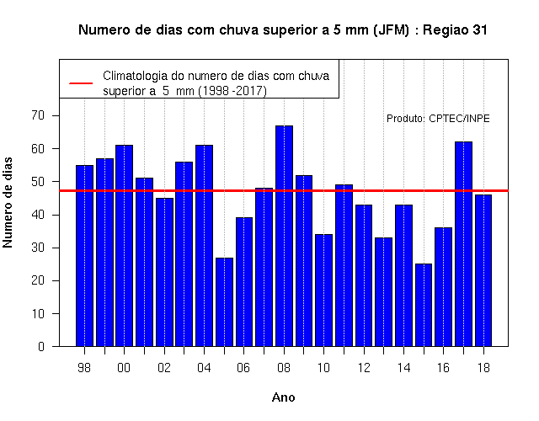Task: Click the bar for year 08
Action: click(x=284, y=236)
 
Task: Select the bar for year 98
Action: click(x=84, y=256)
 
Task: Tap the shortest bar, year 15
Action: click(x=424, y=305)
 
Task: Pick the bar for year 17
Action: click(x=463, y=244)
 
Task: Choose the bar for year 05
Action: click(x=224, y=302)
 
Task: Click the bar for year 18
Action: click(x=483, y=270)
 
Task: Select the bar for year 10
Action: click(x=323, y=290)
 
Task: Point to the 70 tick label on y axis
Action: click(x=38, y=115)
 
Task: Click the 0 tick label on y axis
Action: click(x=41, y=346)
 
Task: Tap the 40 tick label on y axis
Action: click(x=38, y=215)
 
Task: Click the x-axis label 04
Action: click(x=204, y=368)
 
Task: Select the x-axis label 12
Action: click(x=364, y=368)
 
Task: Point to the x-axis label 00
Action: click(x=124, y=368)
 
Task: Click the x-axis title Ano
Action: click(x=283, y=397)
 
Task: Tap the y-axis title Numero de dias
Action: click(x=8, y=202)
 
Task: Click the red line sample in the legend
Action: click(x=81, y=83)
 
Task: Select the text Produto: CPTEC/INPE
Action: click(x=438, y=119)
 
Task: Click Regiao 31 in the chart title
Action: click(x=455, y=30)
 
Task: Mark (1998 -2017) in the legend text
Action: click(x=232, y=91)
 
